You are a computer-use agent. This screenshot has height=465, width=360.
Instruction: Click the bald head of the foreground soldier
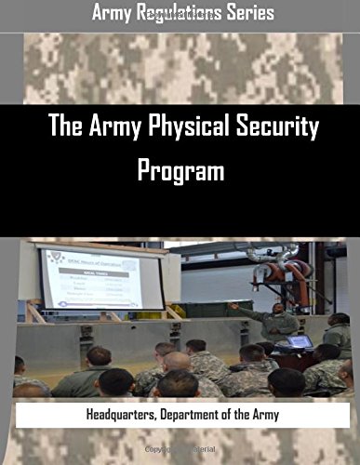click(x=177, y=361)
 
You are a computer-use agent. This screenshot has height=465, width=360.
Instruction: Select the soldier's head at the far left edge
click(x=19, y=365)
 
